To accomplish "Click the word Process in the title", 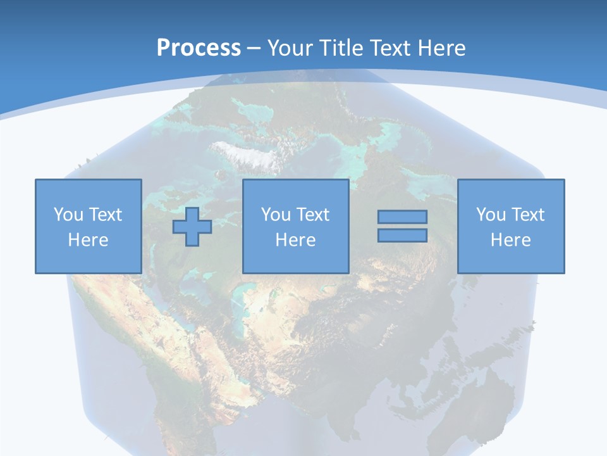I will tap(199, 48).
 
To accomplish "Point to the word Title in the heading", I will tap(340, 48).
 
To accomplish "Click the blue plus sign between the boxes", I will tap(192, 226).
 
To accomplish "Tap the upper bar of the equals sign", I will tap(402, 217).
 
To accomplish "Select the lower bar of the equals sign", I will tap(402, 235).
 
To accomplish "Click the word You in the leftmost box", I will tap(68, 215).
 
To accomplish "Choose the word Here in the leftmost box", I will tap(88, 240).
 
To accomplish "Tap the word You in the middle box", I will tap(276, 215).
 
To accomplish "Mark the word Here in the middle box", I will tap(295, 240).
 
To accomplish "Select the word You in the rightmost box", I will tap(491, 215).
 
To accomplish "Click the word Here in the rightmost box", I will tap(510, 240).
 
